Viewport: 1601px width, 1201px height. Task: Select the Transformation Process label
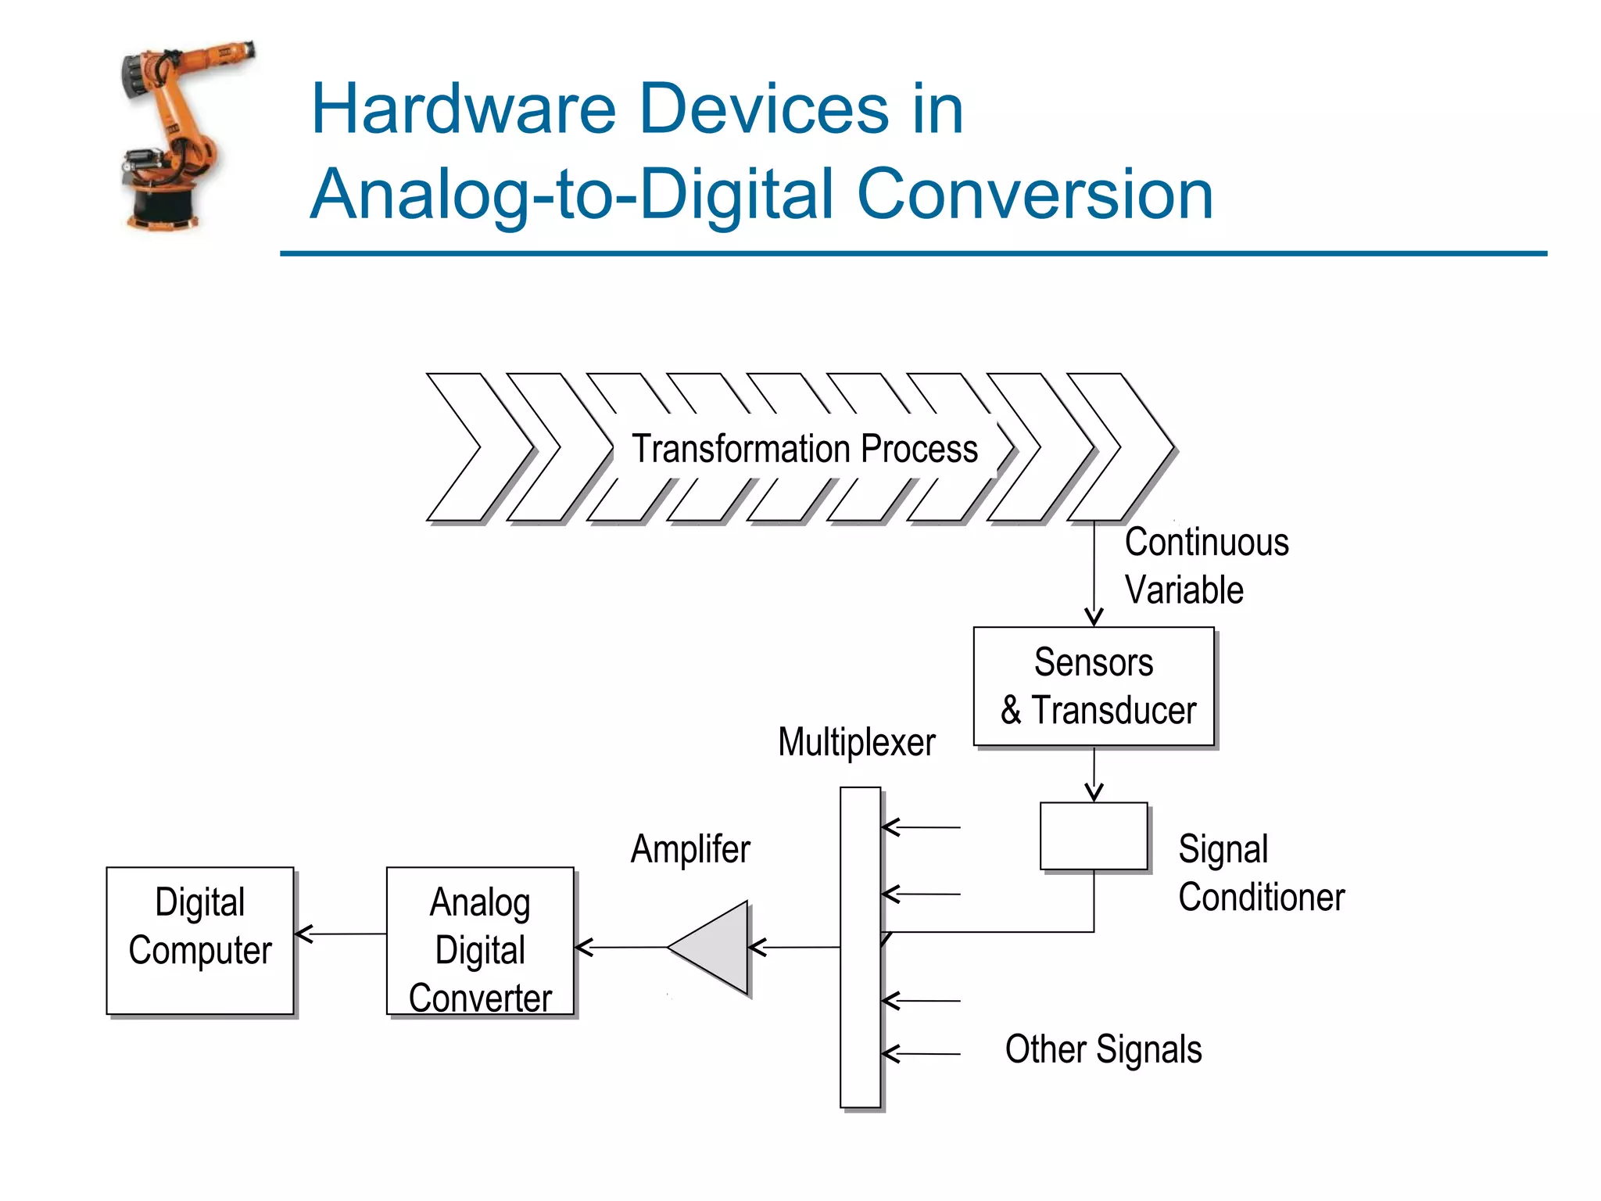804,449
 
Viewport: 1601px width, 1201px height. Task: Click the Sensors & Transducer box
1094,687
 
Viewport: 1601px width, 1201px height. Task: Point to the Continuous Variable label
1205,565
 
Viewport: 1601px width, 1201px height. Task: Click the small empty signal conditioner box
1094,836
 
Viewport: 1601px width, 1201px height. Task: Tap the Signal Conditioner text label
1260,873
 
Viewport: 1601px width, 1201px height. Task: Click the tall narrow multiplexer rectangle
860,947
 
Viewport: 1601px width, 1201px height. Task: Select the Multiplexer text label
856,742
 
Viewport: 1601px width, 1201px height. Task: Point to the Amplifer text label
690,849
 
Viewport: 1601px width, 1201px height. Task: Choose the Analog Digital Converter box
480,941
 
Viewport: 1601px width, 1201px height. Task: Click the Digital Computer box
200,941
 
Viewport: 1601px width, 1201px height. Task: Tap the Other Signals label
1103,1049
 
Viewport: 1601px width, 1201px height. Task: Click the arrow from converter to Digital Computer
341,934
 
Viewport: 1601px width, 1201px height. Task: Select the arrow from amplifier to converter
621,948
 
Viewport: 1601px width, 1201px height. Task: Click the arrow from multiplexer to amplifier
794,948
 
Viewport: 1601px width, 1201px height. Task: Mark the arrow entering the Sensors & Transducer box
1094,575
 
